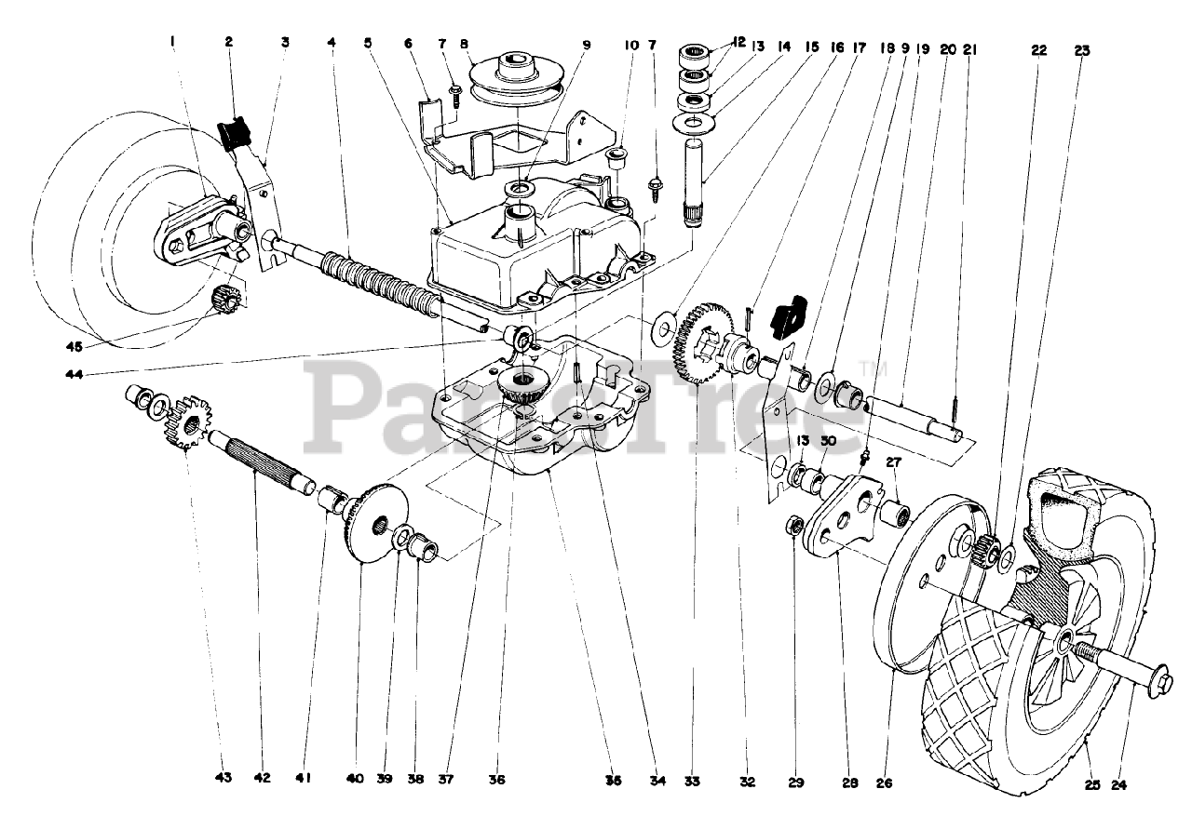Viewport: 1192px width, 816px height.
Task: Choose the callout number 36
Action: pyautogui.click(x=496, y=781)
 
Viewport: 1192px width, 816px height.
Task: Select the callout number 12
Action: pyautogui.click(x=739, y=42)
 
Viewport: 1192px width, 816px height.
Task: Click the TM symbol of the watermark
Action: pyautogui.click(x=867, y=366)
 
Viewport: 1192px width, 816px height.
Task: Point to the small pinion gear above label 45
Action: pyautogui.click(x=225, y=300)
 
